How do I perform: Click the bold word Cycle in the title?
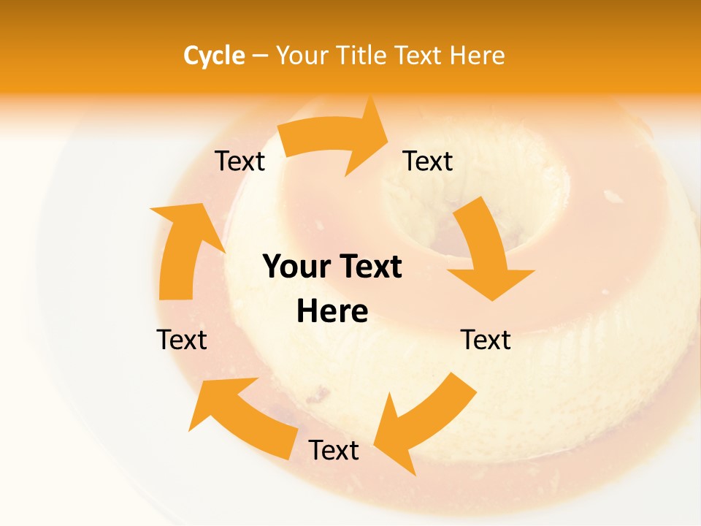click(x=213, y=56)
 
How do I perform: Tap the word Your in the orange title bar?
click(x=302, y=56)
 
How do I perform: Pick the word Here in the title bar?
click(x=478, y=56)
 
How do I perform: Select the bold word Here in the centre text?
click(x=332, y=311)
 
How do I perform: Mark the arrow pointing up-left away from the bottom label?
click(x=241, y=417)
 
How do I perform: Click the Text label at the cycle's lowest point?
click(x=333, y=450)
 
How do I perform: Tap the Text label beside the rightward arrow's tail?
click(x=240, y=161)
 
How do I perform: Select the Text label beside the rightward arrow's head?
click(x=428, y=161)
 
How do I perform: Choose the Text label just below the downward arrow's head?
click(x=486, y=340)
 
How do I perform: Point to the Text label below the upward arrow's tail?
click(x=182, y=340)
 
